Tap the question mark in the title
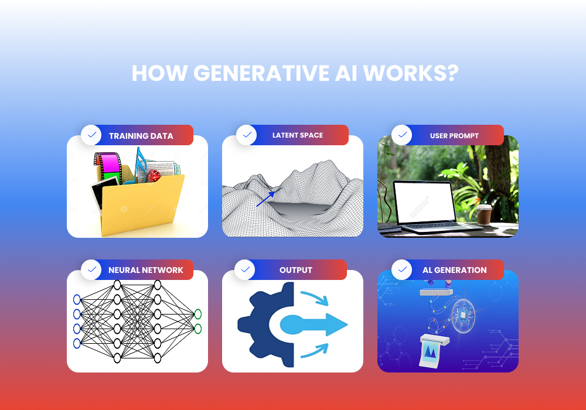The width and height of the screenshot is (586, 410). pos(451,74)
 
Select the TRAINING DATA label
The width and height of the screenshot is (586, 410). pos(141,136)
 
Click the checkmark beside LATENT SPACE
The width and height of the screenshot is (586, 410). pos(247,135)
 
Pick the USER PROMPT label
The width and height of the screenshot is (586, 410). pos(454,136)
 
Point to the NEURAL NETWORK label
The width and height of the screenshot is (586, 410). pos(145,270)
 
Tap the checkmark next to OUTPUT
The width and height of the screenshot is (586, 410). pos(245,270)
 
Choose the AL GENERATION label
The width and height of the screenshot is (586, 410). pos(454,270)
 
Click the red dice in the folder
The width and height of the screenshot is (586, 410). pos(154,175)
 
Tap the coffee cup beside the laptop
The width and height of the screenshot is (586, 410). pos(484,215)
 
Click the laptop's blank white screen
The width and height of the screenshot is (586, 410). pos(423,202)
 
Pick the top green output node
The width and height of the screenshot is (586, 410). pos(198,313)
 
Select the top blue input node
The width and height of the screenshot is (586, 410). pos(77,300)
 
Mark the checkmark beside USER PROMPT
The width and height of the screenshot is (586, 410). pos(402,135)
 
